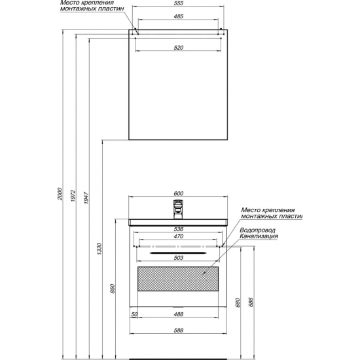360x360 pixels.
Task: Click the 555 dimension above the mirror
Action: (179, 3)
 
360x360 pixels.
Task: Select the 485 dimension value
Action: (179, 16)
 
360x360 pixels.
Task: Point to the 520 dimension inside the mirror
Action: (179, 48)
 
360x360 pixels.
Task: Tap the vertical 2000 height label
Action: (60, 194)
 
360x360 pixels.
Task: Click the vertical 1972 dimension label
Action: (73, 196)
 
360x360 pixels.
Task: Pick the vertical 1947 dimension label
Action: (86, 198)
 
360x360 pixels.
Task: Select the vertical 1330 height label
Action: (99, 249)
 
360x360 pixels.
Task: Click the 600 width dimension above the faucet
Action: (179, 194)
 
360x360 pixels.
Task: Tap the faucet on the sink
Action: (178, 209)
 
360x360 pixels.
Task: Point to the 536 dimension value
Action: (179, 229)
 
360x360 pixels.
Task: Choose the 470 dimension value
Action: (179, 236)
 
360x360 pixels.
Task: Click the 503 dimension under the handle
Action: (179, 258)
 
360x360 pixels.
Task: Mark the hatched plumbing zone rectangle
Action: (178, 279)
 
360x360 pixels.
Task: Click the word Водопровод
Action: (257, 230)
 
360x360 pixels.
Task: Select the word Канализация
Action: (259, 236)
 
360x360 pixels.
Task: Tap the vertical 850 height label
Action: (113, 289)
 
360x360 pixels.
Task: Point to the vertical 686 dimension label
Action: (251, 302)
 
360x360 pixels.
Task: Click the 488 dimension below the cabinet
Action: (179, 314)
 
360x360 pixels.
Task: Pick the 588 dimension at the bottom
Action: (179, 331)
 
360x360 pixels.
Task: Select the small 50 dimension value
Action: (134, 314)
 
